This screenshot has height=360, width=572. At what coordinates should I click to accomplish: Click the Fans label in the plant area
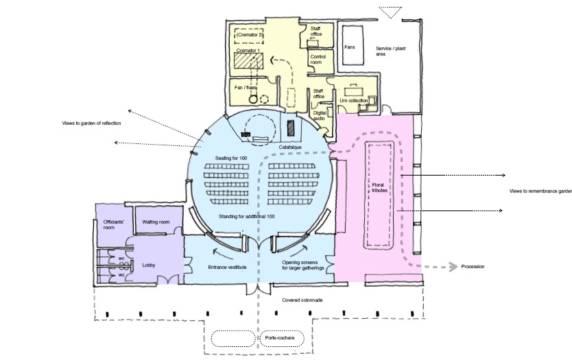coord(349,48)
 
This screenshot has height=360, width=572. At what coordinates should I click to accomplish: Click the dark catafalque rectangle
coord(291,128)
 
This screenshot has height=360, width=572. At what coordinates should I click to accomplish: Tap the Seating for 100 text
coord(231,158)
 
